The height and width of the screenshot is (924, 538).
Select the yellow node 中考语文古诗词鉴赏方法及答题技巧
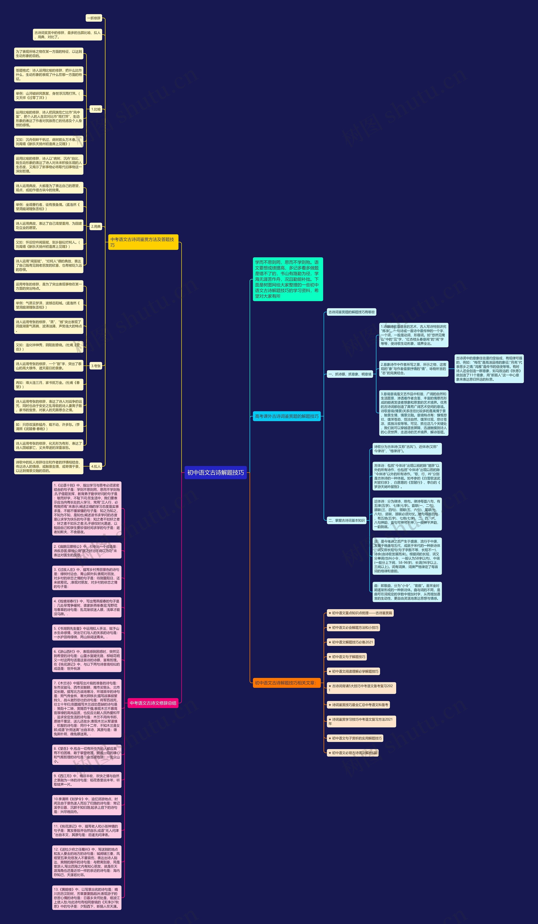pos(143,242)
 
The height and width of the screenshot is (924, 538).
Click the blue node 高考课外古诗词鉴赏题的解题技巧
pos(286,416)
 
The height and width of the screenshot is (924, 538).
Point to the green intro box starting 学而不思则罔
pos(287,279)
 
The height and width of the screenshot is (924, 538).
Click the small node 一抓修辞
pos(94,18)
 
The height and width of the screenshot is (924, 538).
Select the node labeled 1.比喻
pos(96,109)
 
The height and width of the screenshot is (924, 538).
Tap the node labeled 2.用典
pos(96,227)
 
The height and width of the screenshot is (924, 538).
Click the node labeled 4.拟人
pos(96,466)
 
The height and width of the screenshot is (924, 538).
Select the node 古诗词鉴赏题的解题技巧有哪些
pos(351,312)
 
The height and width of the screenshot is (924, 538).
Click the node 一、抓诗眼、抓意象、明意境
pos(350,374)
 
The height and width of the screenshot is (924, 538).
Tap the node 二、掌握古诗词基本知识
pos(347,520)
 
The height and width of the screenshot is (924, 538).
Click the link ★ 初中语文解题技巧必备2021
pos(351,642)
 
